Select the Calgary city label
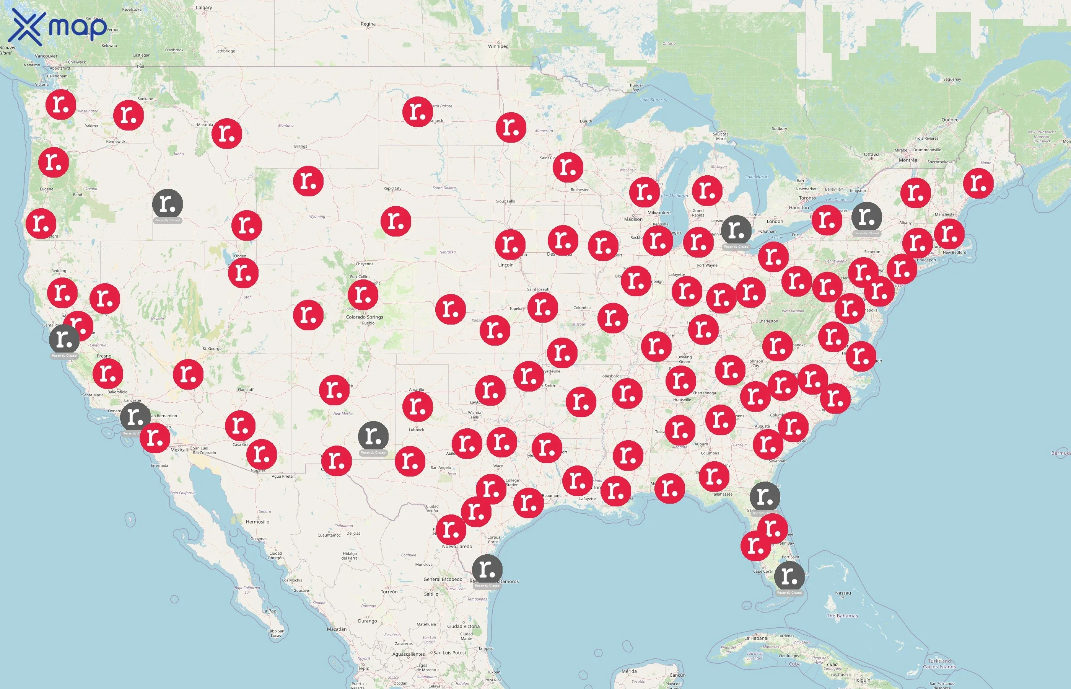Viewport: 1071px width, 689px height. pyautogui.click(x=204, y=8)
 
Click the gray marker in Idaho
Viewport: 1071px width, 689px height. pyautogui.click(x=167, y=204)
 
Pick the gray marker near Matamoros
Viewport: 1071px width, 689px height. pyautogui.click(x=487, y=570)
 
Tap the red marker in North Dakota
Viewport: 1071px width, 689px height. pyautogui.click(x=417, y=111)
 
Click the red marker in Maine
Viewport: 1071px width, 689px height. pyautogui.click(x=978, y=183)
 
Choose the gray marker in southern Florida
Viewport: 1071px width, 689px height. pyautogui.click(x=789, y=576)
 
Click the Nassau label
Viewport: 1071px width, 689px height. pyautogui.click(x=843, y=593)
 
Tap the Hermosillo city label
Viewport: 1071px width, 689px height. pyautogui.click(x=257, y=522)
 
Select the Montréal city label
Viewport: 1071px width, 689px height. pyautogui.click(x=908, y=160)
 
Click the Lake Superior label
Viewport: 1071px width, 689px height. pyautogui.click(x=654, y=100)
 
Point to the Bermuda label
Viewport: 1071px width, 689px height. pyautogui.click(x=1060, y=453)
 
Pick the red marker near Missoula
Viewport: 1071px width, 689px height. pyautogui.click(x=226, y=133)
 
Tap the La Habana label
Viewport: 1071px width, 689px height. pyautogui.click(x=755, y=638)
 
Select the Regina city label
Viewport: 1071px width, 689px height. pyautogui.click(x=368, y=24)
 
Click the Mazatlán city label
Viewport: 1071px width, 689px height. pyautogui.click(x=336, y=629)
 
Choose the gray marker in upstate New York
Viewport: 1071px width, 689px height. pyautogui.click(x=866, y=217)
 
